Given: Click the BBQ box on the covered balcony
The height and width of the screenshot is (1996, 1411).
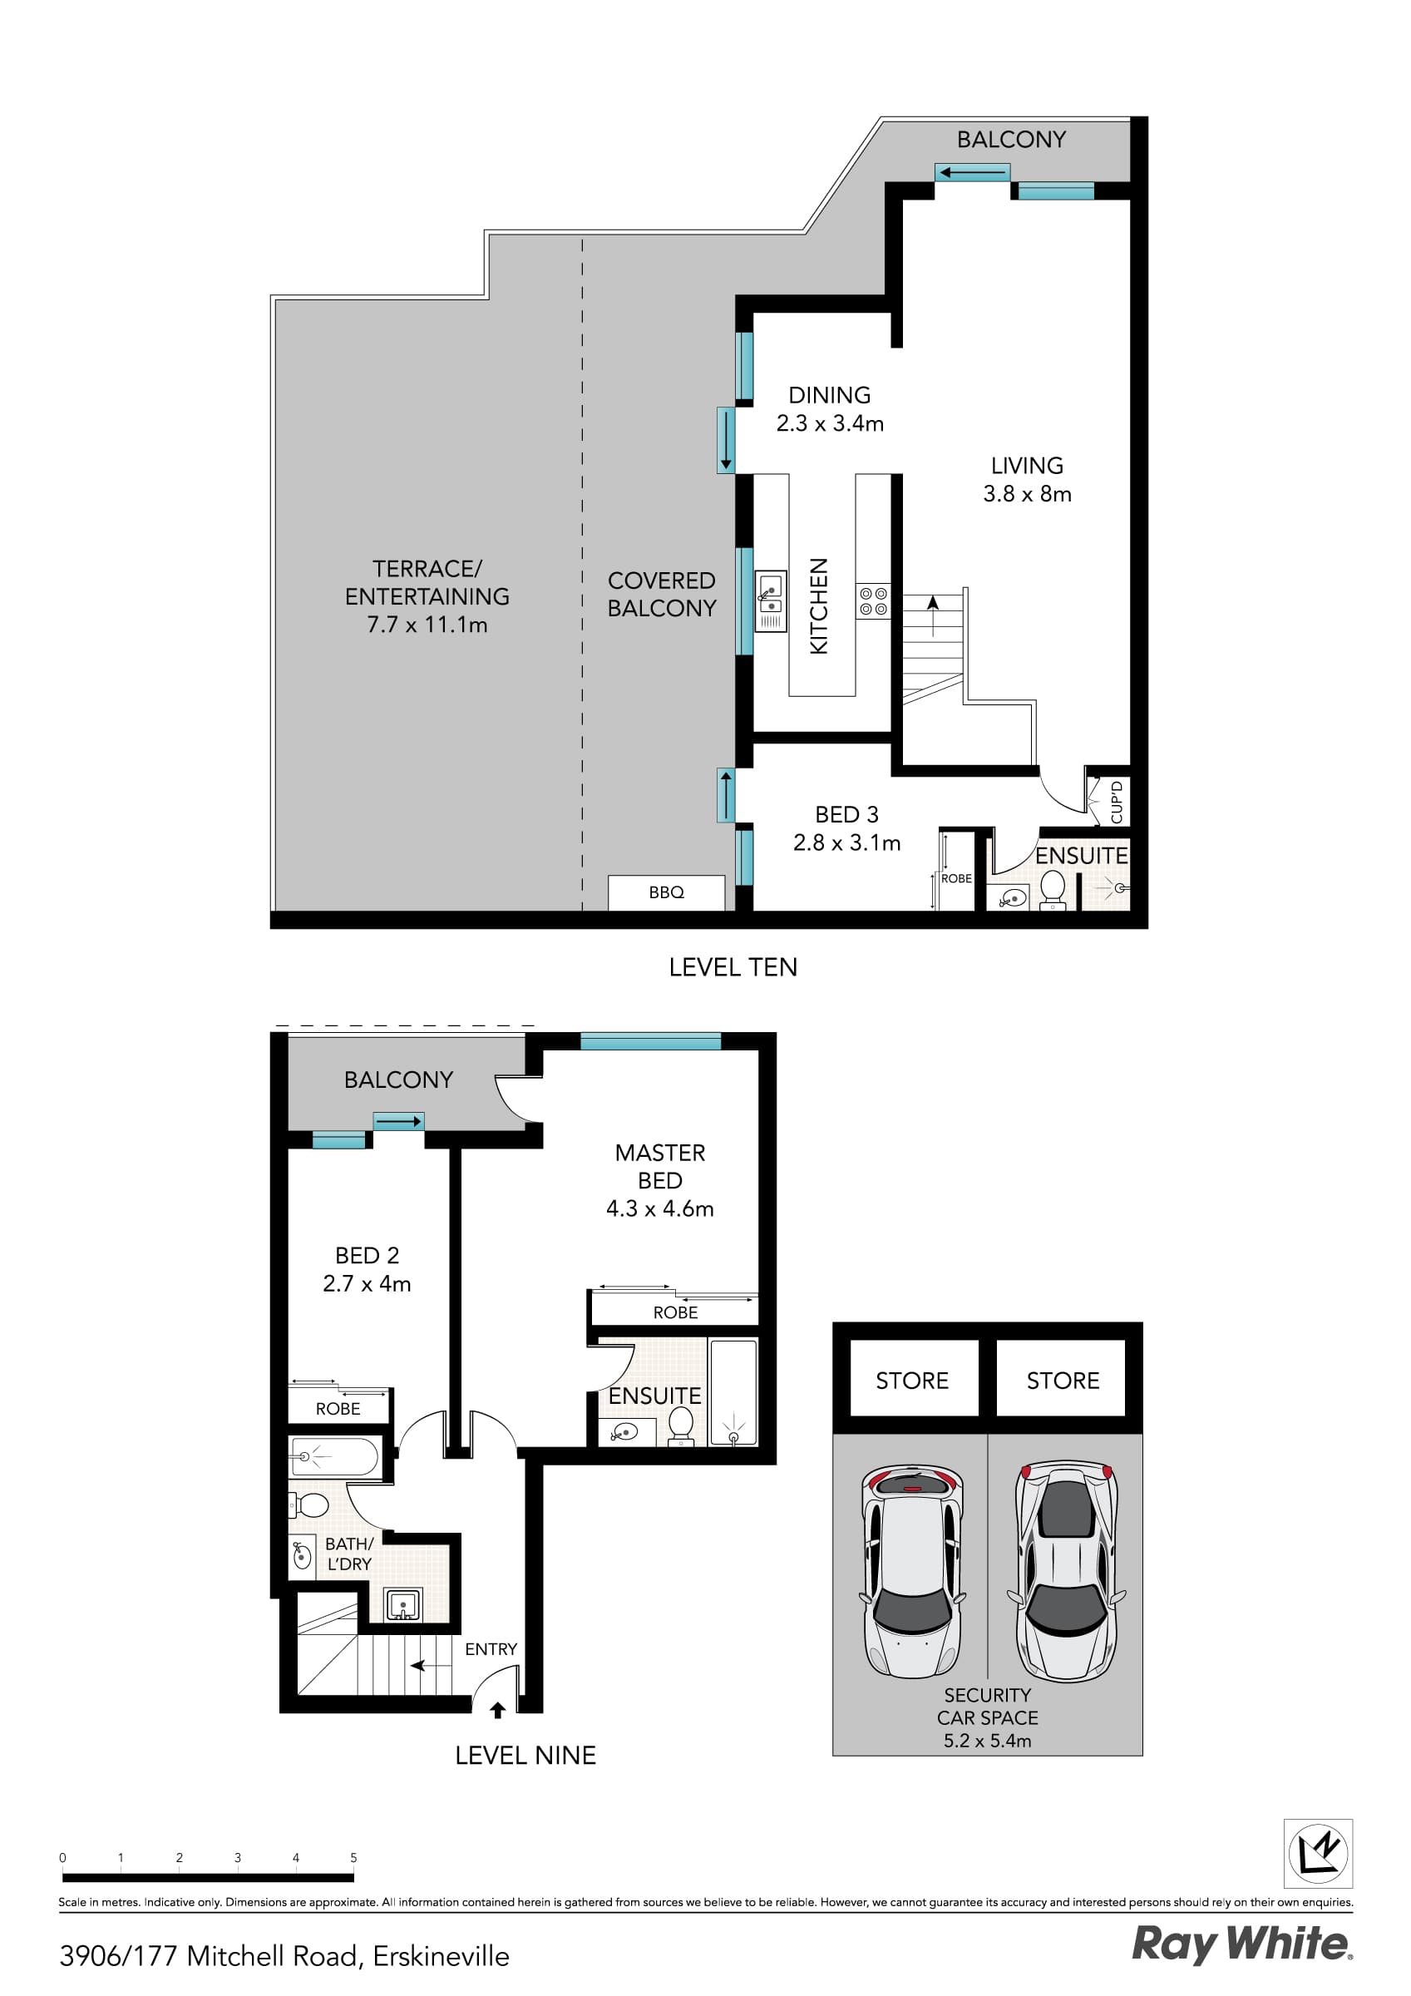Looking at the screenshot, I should pyautogui.click(x=666, y=892).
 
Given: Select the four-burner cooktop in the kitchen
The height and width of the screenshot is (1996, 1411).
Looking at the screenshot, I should pyautogui.click(x=873, y=600).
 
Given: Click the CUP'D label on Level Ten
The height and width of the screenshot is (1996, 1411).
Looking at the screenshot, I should pyautogui.click(x=1117, y=802).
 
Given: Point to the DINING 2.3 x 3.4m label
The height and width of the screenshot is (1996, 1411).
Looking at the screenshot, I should pyautogui.click(x=829, y=408).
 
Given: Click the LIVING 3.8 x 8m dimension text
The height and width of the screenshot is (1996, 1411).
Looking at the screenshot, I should pyautogui.click(x=1027, y=494).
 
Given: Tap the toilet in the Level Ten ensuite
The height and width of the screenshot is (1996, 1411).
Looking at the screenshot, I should pyautogui.click(x=1052, y=888).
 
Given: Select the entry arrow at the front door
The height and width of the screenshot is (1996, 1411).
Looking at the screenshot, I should pyautogui.click(x=497, y=1710).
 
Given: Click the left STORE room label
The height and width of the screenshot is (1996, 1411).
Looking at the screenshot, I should pyautogui.click(x=911, y=1381).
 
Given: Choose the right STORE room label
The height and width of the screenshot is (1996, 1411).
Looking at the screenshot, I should pyautogui.click(x=1063, y=1381).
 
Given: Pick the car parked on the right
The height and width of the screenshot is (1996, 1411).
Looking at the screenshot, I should pyautogui.click(x=1066, y=1570).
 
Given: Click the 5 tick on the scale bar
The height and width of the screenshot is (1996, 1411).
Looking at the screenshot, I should pyautogui.click(x=353, y=1858).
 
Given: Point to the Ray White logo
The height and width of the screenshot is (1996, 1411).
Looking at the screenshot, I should pyautogui.click(x=1241, y=1944).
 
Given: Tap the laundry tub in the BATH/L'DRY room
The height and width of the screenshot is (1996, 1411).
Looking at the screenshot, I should pyautogui.click(x=403, y=1605).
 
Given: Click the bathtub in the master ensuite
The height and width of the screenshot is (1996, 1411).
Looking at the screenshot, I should pyautogui.click(x=733, y=1393).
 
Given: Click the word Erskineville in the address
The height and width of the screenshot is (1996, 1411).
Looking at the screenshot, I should pyautogui.click(x=441, y=1956).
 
